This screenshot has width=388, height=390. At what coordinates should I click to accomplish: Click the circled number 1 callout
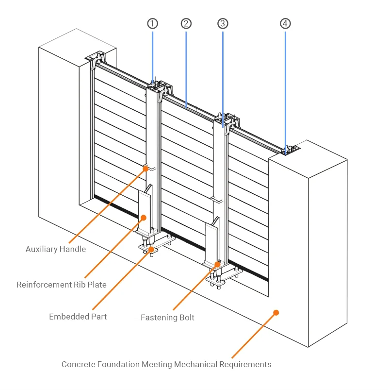point(152,24)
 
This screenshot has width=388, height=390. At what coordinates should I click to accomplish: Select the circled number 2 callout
point(186,24)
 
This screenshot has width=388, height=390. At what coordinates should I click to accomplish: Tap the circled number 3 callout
point(223,24)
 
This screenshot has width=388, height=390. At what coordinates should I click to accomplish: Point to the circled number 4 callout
point(285,24)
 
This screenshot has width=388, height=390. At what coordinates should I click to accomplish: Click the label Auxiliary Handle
point(56,249)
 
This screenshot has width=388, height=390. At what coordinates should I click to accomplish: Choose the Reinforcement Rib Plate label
point(62,285)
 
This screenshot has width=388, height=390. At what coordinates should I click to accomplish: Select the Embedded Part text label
point(78,317)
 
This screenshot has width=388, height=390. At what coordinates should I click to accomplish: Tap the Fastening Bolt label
point(167,317)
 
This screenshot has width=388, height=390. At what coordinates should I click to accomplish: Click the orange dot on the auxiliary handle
point(146,169)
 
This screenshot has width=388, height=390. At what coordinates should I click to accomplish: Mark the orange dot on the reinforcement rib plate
point(144,218)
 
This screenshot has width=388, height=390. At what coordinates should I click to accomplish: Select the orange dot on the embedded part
point(151,249)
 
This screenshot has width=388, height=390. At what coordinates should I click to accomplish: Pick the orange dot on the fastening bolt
point(217,264)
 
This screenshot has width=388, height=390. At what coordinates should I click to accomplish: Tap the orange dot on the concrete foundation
point(276,313)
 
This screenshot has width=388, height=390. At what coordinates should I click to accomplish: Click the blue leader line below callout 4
point(285,93)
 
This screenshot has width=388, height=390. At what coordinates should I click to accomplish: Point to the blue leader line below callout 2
point(186,69)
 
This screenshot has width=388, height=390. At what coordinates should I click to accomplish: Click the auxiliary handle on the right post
point(217,200)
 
